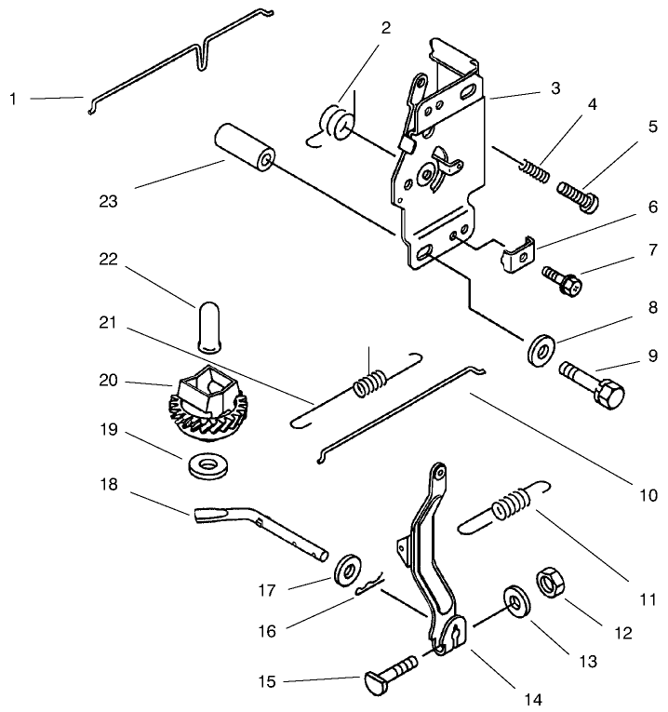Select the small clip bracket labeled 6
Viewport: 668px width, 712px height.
pyautogui.click(x=516, y=255)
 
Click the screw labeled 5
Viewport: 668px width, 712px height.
pyautogui.click(x=578, y=196)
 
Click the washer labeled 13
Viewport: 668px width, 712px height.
pyautogui.click(x=514, y=600)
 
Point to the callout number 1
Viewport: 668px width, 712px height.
pyautogui.click(x=16, y=97)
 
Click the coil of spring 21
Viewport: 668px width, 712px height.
pyautogui.click(x=370, y=383)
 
